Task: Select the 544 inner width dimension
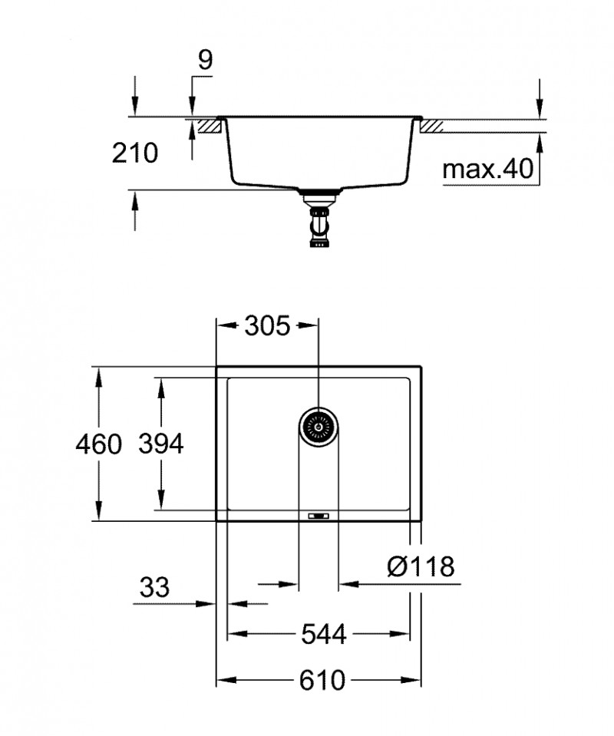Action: (322, 634)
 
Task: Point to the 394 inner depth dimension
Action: (160, 444)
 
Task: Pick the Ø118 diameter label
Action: (421, 567)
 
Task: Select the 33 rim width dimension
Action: (154, 589)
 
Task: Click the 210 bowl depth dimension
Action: (135, 153)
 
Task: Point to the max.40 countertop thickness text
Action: (487, 169)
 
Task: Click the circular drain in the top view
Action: (318, 424)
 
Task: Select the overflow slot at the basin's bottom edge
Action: (317, 516)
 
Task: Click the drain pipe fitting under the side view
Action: (319, 223)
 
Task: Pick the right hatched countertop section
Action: (431, 126)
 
